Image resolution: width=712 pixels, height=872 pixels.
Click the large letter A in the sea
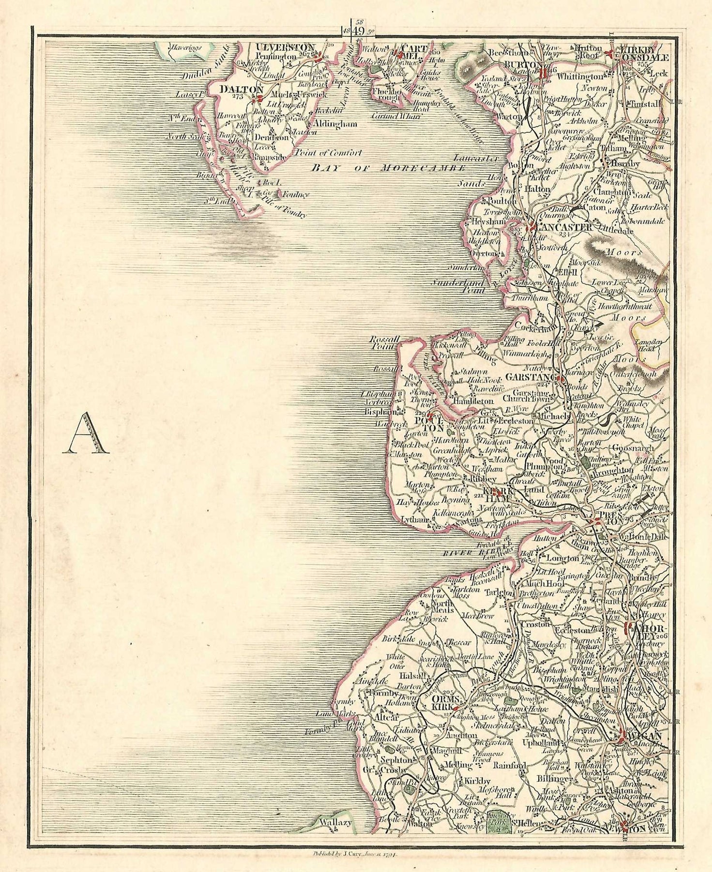tap(86, 434)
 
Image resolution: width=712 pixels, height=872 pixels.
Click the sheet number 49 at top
tap(359, 31)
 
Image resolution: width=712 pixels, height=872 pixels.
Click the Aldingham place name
tap(335, 124)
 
